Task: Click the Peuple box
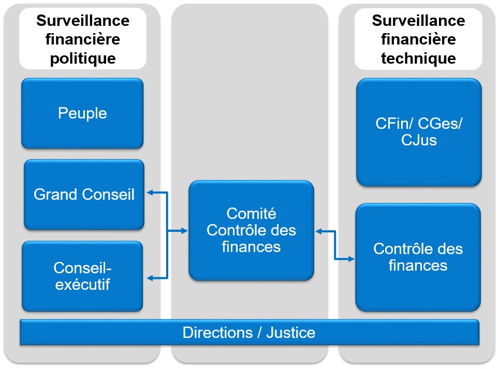[x=82, y=113]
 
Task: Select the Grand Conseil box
[x=84, y=195]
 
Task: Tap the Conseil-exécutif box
[x=82, y=276]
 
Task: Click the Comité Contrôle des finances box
[x=252, y=230]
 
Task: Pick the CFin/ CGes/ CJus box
[x=419, y=132]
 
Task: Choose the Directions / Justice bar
[x=250, y=332]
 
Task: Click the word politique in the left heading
[x=83, y=58]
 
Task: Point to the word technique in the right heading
[x=418, y=58]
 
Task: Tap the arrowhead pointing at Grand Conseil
[x=150, y=193]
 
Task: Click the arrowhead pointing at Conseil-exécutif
[x=150, y=278]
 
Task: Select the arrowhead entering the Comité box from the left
[x=185, y=231]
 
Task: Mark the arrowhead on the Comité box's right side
[x=319, y=231]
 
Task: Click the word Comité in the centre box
[x=252, y=213]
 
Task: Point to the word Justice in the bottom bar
[x=291, y=333]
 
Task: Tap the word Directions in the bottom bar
[x=218, y=333]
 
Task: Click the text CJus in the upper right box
[x=419, y=140]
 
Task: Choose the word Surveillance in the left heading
[x=83, y=21]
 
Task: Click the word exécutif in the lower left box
[x=82, y=285]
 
